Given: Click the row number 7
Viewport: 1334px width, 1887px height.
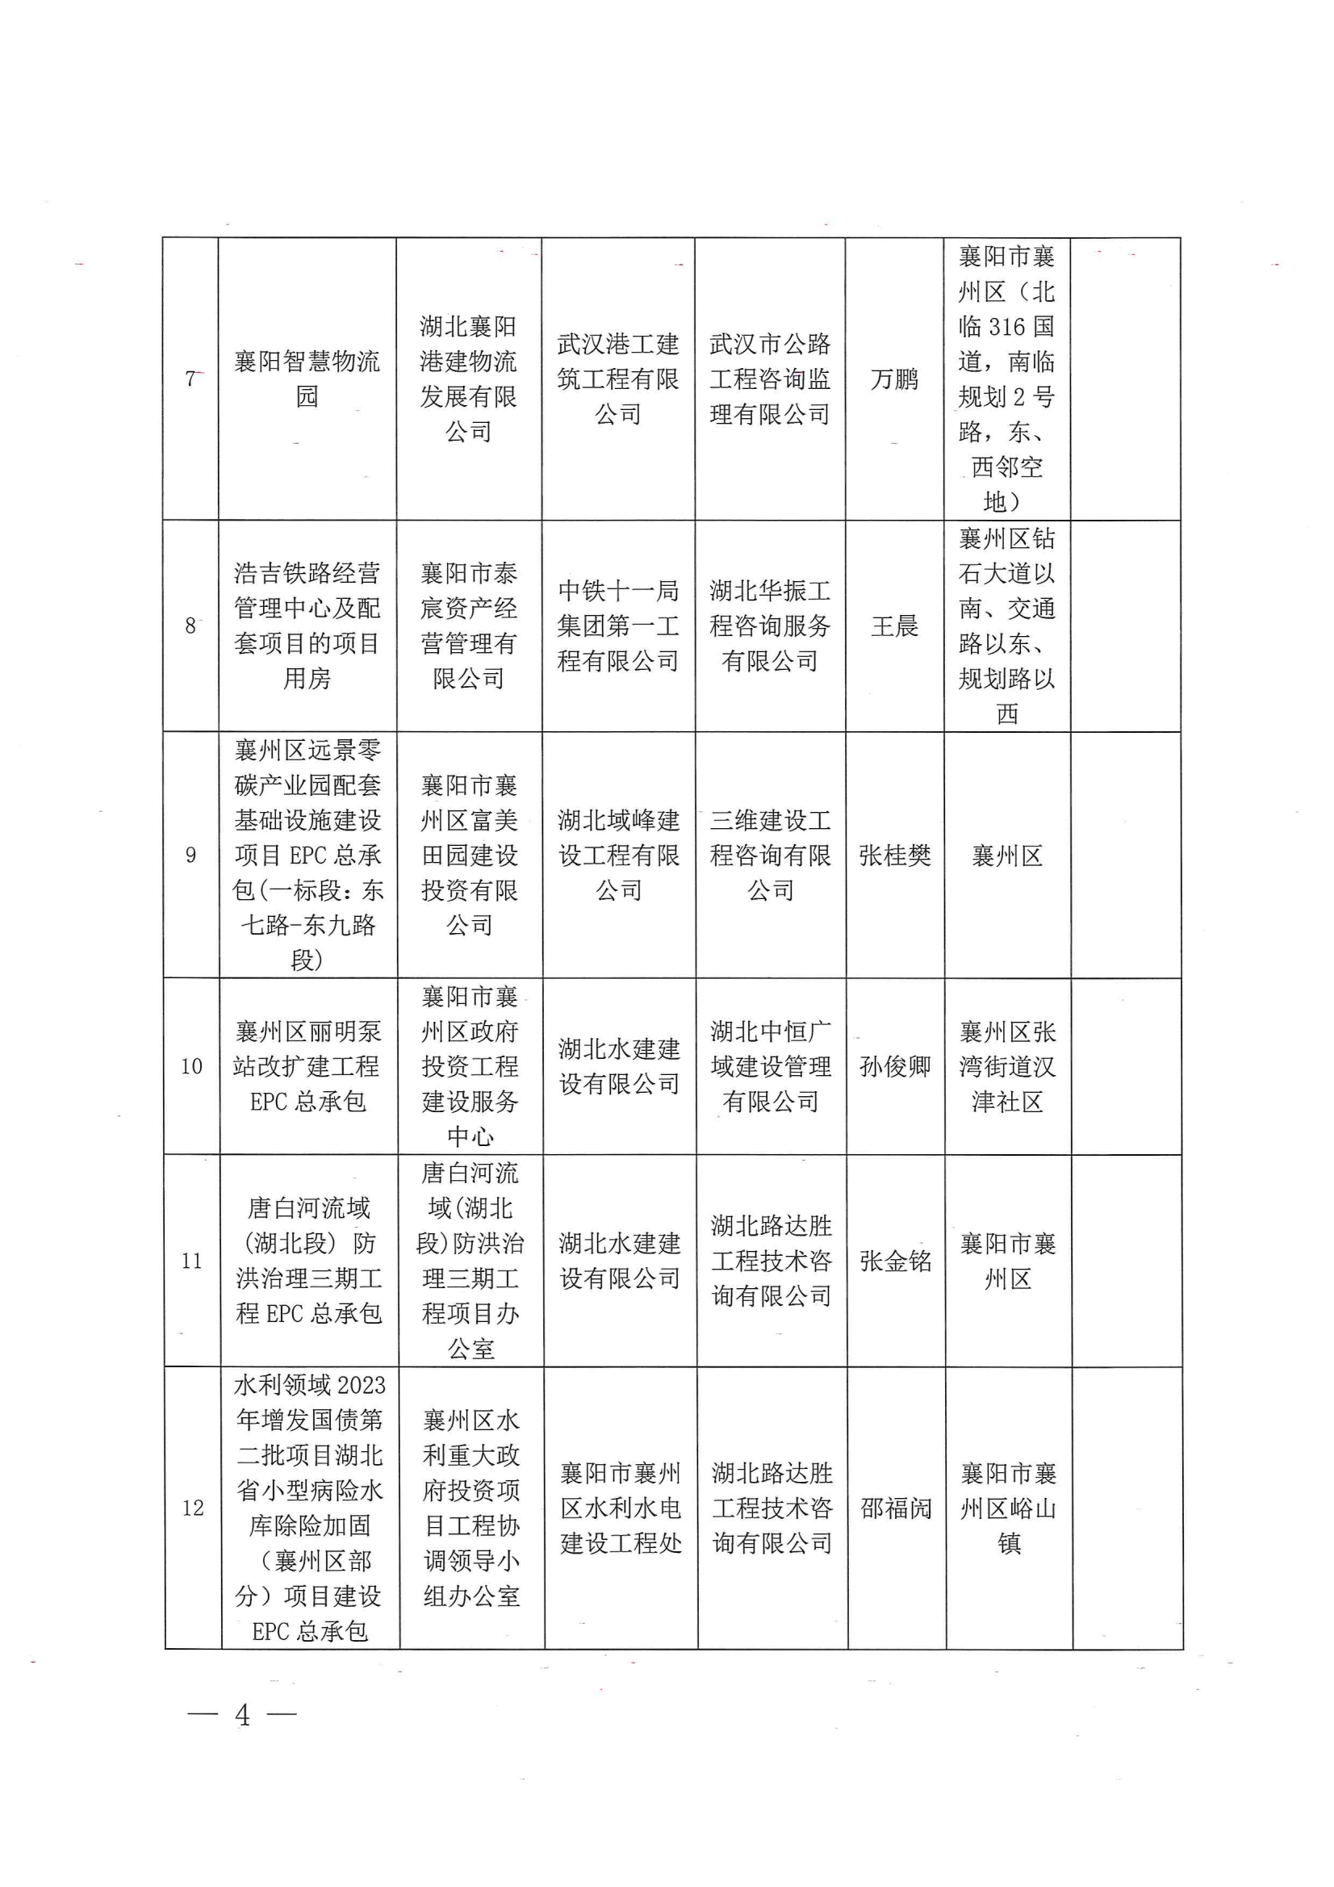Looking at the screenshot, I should [x=190, y=379].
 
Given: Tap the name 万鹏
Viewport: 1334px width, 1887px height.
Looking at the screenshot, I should [x=894, y=379].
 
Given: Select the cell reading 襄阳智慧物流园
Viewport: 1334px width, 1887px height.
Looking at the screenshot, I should [x=307, y=379].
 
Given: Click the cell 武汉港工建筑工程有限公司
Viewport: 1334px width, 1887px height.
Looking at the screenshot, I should [x=618, y=379].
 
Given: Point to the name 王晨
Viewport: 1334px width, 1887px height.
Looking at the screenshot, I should [x=894, y=626].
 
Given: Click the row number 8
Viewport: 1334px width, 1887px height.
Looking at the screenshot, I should [x=190, y=626].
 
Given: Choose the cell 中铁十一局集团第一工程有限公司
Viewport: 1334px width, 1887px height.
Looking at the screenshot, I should [x=618, y=626].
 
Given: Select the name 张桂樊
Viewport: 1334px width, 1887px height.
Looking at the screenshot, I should [x=894, y=856].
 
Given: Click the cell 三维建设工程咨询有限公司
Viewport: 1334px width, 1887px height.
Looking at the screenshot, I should [x=770, y=856].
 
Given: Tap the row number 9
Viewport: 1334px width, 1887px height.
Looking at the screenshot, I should [x=190, y=856].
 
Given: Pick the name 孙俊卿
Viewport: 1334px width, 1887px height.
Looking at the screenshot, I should [x=895, y=1067].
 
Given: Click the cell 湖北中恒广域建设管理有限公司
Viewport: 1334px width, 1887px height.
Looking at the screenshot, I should [x=770, y=1067].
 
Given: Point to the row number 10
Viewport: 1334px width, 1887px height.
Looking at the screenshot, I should [x=191, y=1067].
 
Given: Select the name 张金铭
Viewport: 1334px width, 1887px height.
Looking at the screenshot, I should [x=895, y=1261].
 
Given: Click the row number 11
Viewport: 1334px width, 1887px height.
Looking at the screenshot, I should [x=191, y=1261].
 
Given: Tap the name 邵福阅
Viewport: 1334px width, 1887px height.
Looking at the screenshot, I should [x=896, y=1508].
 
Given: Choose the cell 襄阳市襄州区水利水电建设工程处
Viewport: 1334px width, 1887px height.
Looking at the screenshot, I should [x=621, y=1508].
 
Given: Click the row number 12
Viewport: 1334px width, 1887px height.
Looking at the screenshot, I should [x=192, y=1508].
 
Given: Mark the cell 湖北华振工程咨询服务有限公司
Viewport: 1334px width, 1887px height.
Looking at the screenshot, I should [x=770, y=626].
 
